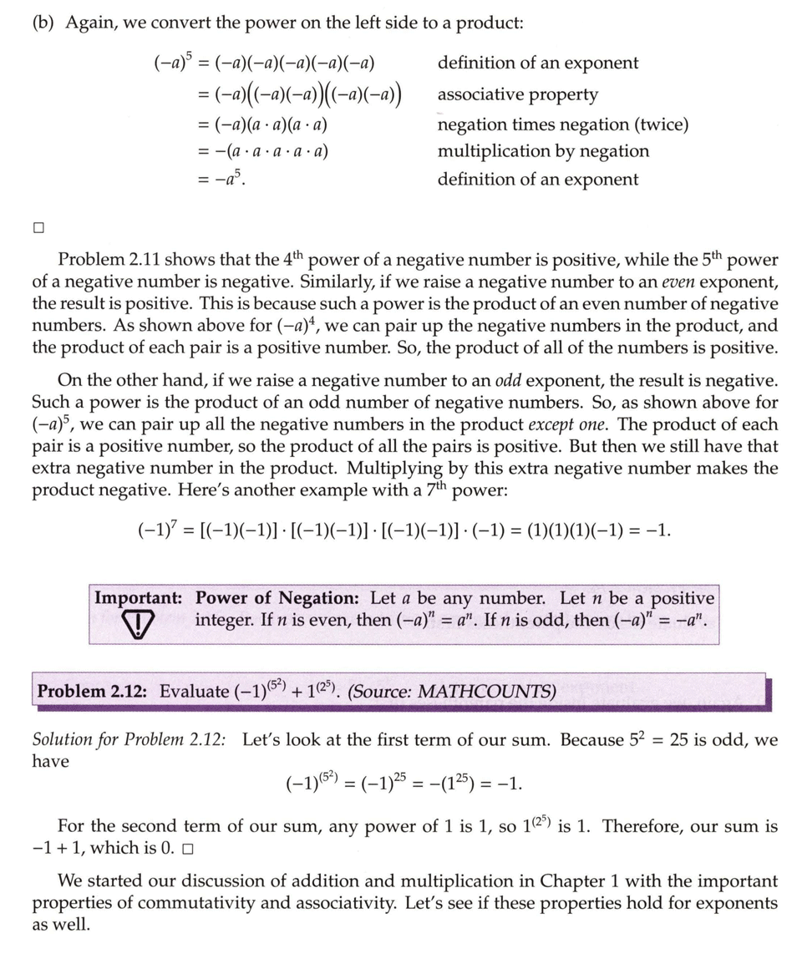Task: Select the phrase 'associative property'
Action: (517, 94)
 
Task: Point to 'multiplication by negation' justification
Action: (543, 151)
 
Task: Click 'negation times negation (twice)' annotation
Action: (563, 124)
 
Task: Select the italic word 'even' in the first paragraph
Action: (664, 282)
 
